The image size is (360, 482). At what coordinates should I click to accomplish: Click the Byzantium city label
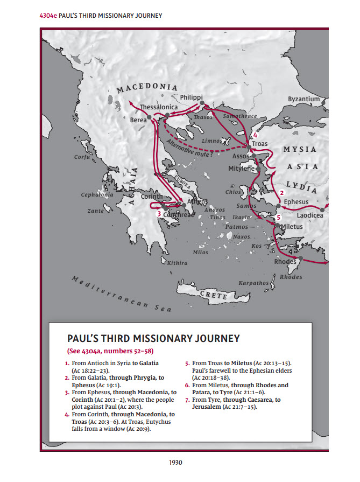pyautogui.click(x=303, y=99)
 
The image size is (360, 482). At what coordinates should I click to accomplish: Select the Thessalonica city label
pyautogui.click(x=159, y=107)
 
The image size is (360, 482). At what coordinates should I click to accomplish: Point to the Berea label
pyautogui.click(x=138, y=120)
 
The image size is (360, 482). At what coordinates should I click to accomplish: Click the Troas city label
pyautogui.click(x=260, y=144)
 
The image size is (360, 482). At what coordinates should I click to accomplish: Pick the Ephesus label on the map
pyautogui.click(x=297, y=202)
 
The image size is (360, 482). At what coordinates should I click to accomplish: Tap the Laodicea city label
pyautogui.click(x=309, y=215)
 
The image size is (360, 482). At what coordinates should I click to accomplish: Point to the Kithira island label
pyautogui.click(x=177, y=263)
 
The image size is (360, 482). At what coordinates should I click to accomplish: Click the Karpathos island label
pyautogui.click(x=253, y=283)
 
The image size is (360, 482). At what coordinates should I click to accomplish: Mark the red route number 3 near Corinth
pyautogui.click(x=159, y=214)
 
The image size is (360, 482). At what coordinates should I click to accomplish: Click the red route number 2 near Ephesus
pyautogui.click(x=281, y=192)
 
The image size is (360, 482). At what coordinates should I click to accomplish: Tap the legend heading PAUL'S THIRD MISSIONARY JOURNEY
pyautogui.click(x=153, y=339)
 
